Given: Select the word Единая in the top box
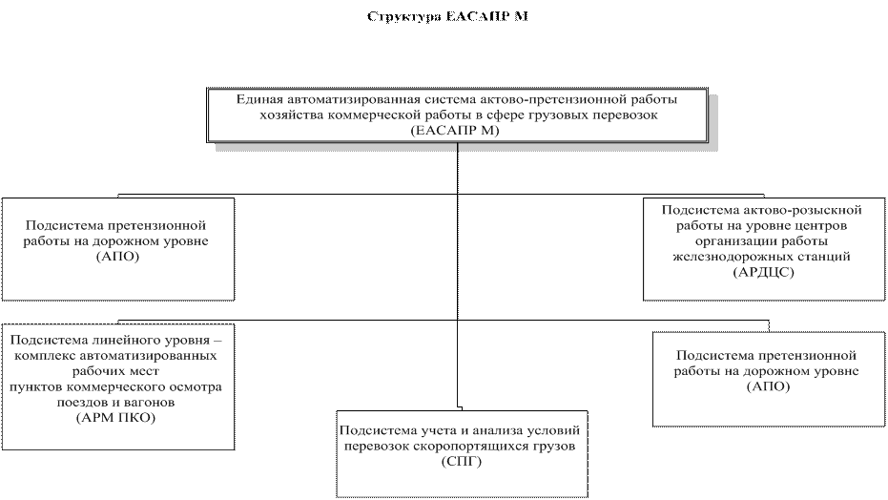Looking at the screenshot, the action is coord(259,99).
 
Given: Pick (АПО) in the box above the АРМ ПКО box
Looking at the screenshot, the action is coord(117,256).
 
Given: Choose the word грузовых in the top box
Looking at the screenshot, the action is coord(545,115).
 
